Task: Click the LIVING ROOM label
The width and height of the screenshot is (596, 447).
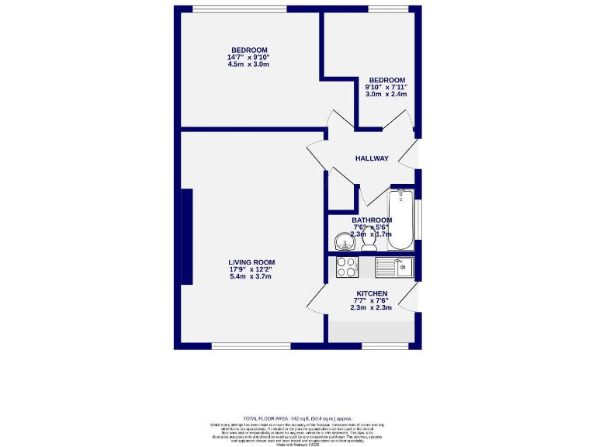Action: (x=251, y=262)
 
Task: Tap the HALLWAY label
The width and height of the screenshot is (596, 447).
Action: (x=372, y=158)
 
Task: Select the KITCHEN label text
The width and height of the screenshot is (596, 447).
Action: (x=372, y=293)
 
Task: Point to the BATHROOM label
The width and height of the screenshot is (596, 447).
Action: (x=372, y=220)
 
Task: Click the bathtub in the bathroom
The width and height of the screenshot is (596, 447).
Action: (x=401, y=219)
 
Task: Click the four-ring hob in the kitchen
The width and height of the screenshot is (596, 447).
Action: (x=346, y=268)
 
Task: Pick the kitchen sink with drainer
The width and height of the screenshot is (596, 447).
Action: (x=395, y=268)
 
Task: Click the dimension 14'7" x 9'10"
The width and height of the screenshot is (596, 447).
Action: (x=248, y=57)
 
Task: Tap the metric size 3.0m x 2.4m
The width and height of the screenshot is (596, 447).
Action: (x=386, y=95)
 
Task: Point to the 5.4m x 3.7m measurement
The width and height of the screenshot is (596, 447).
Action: (x=251, y=276)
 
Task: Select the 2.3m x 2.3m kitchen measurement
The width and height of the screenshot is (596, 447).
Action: (x=372, y=308)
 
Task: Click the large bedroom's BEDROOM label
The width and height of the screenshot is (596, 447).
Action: (x=248, y=50)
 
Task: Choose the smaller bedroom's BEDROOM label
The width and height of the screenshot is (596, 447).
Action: (x=386, y=80)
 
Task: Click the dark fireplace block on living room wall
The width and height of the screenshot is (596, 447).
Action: (x=186, y=237)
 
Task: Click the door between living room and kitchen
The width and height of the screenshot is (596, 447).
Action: (x=318, y=299)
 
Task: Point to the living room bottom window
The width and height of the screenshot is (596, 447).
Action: (x=241, y=345)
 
